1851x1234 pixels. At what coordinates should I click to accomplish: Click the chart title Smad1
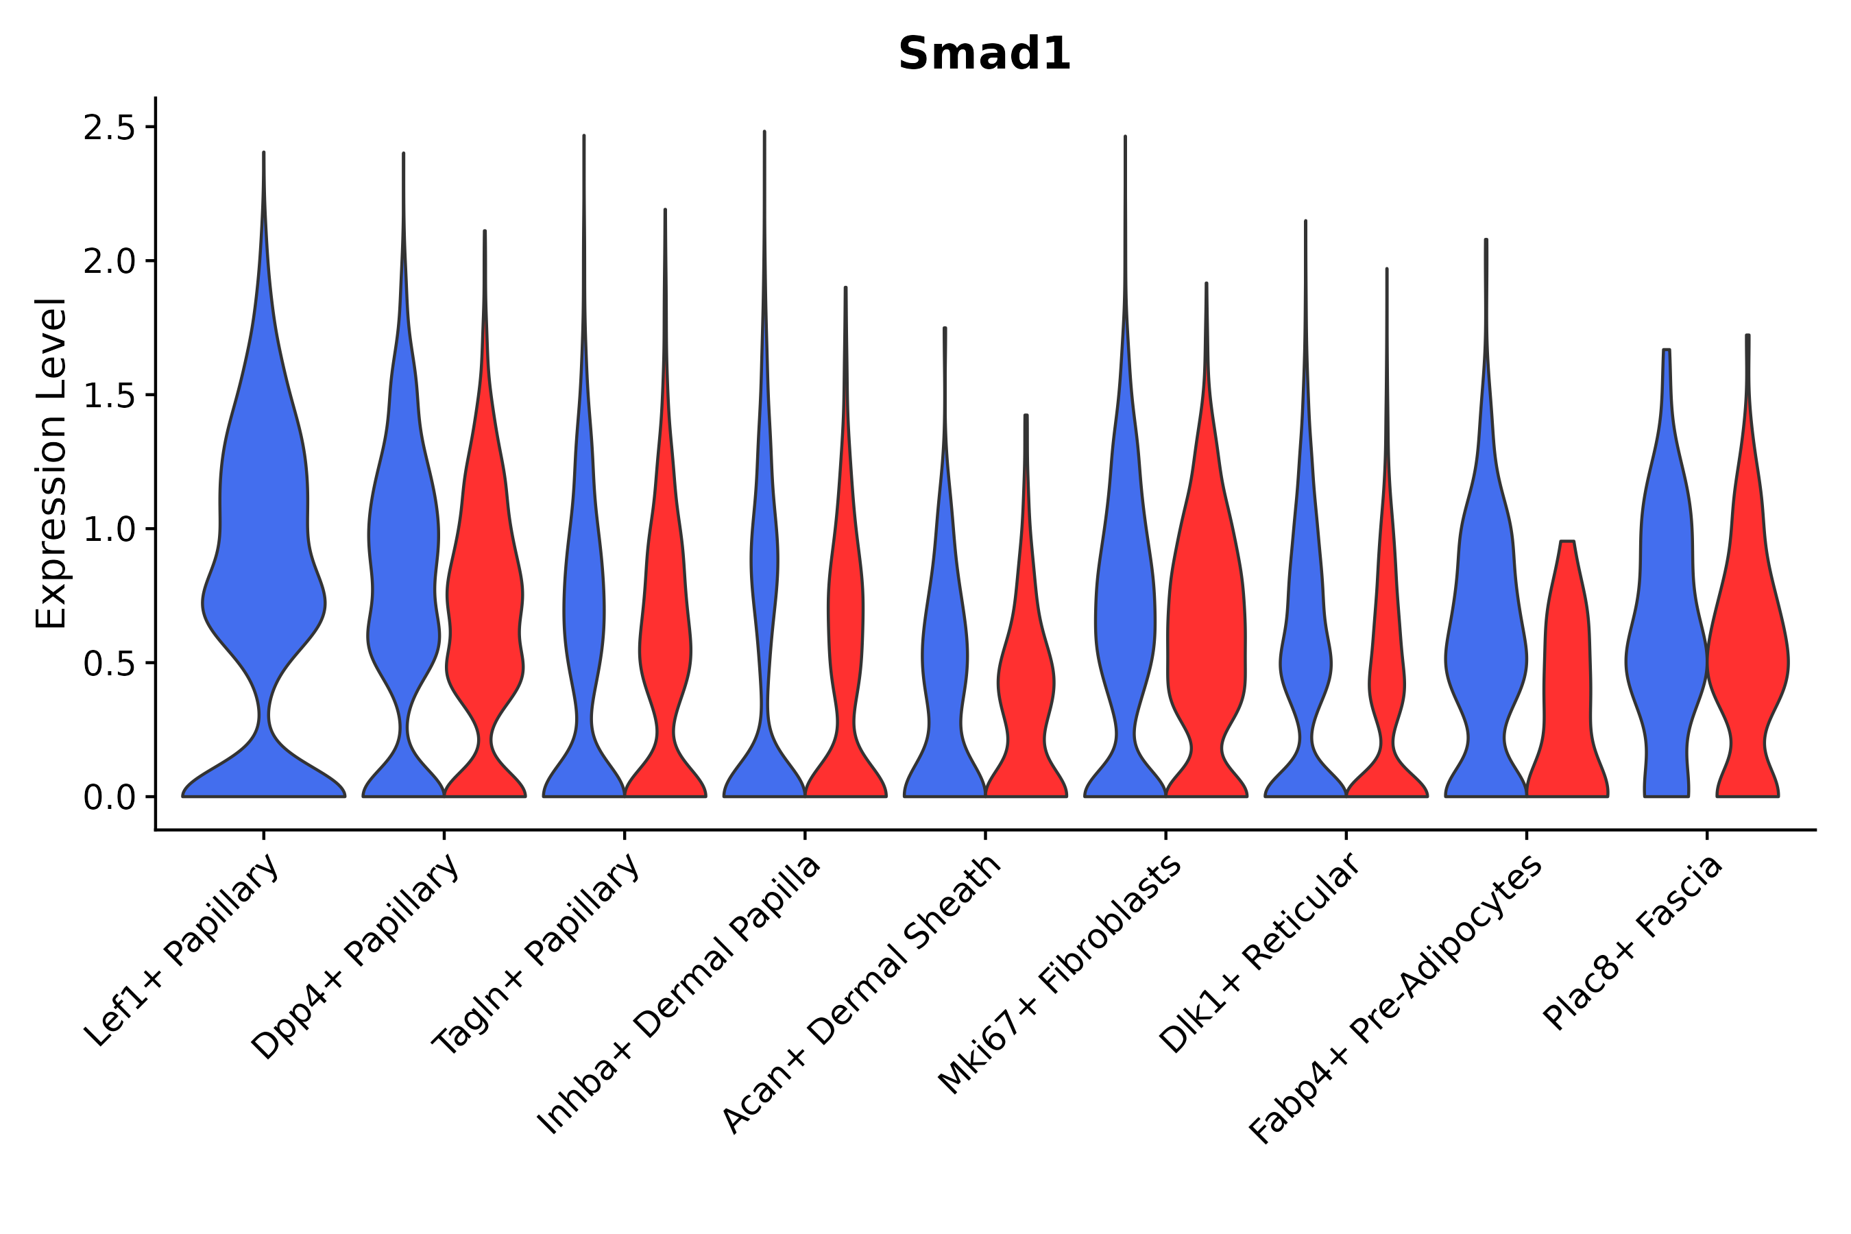pyautogui.click(x=984, y=54)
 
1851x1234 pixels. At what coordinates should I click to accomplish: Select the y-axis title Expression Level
pyautogui.click(x=51, y=463)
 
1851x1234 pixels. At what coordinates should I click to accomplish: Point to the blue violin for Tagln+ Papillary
pyautogui.click(x=584, y=614)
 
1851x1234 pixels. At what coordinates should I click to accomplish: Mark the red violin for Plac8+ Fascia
pyautogui.click(x=1747, y=629)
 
